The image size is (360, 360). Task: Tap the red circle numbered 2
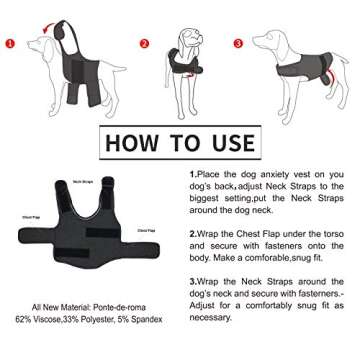144,44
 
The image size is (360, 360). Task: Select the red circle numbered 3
239,44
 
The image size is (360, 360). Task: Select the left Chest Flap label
32,212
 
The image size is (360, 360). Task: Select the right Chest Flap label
147,229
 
